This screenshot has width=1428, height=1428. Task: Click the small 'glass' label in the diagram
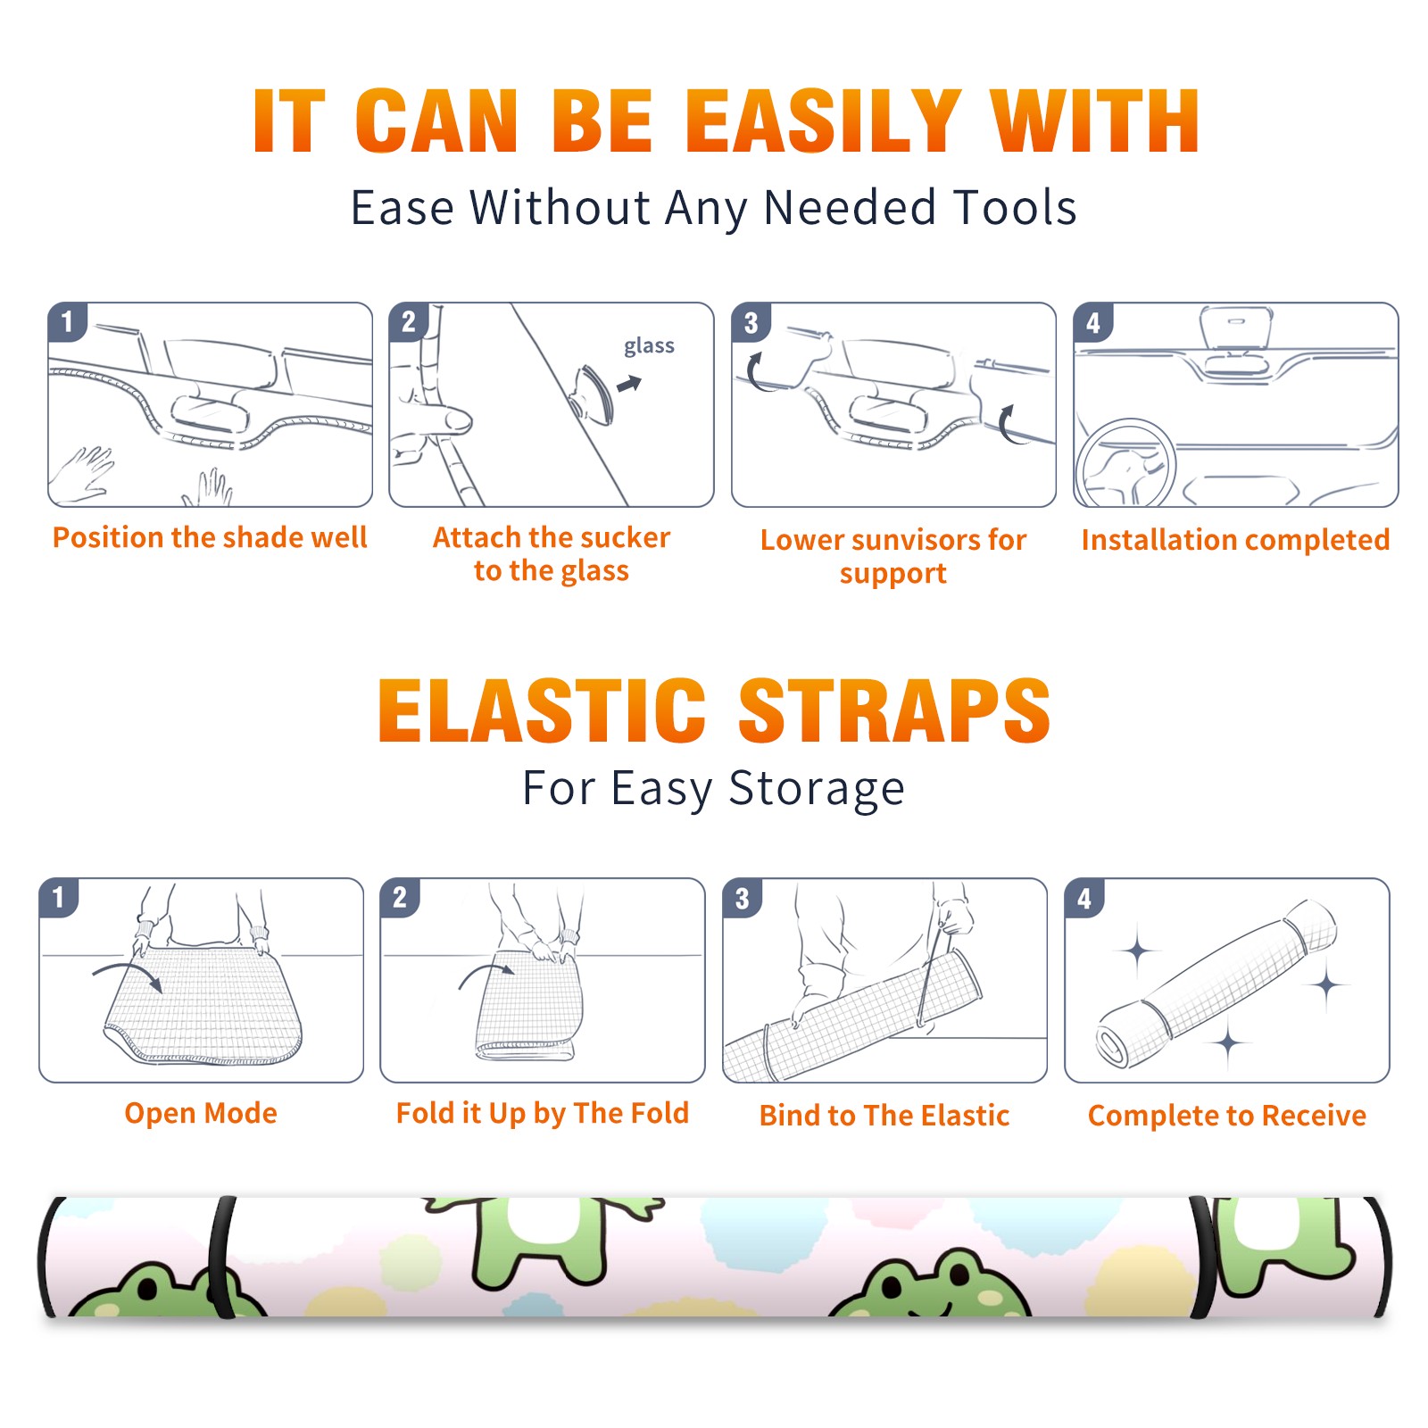[649, 346]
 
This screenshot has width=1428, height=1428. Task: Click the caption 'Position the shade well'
[210, 537]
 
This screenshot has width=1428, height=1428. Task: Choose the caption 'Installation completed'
[1235, 540]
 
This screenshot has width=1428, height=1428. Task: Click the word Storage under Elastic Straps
[817, 789]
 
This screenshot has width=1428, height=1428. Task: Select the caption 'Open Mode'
[201, 1113]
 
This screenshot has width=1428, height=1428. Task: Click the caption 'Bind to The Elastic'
[884, 1116]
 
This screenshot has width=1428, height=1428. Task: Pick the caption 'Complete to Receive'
[1227, 1116]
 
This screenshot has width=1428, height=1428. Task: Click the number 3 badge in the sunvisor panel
[751, 322]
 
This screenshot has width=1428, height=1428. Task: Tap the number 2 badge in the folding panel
[400, 898]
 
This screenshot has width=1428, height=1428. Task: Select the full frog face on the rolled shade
[929, 1284]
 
